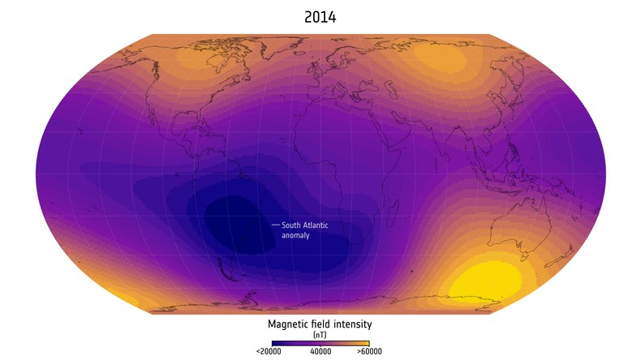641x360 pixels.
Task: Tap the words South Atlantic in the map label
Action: [x=305, y=225]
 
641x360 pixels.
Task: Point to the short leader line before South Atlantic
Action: [x=275, y=225]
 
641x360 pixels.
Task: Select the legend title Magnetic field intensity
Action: [x=320, y=324]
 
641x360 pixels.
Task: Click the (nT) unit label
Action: [x=320, y=334]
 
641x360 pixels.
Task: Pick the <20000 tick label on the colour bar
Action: [x=269, y=352]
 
